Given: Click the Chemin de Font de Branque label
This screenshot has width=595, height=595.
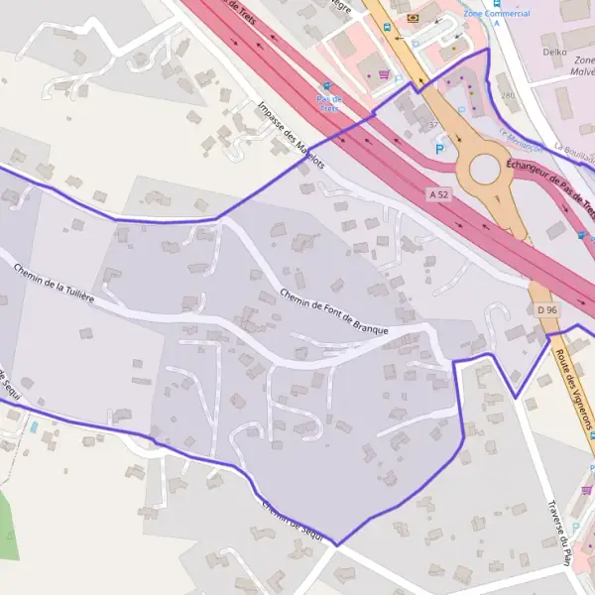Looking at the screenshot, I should tap(333, 311).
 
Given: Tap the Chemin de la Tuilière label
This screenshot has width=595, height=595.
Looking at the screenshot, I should tap(54, 281).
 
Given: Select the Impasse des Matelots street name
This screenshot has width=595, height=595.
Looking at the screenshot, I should tap(290, 134).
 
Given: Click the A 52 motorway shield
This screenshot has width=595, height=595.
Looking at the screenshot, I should tap(440, 194).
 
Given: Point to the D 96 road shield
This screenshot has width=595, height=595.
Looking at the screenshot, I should tap(547, 310).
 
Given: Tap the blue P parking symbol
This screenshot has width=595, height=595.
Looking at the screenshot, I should tap(440, 149).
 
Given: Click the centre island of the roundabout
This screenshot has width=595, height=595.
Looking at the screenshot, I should tap(485, 169).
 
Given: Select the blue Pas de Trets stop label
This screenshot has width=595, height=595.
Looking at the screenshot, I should tap(328, 103).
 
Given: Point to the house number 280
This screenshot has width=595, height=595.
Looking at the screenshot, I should tap(509, 95).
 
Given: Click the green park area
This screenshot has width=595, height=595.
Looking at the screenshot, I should tap(7, 526).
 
